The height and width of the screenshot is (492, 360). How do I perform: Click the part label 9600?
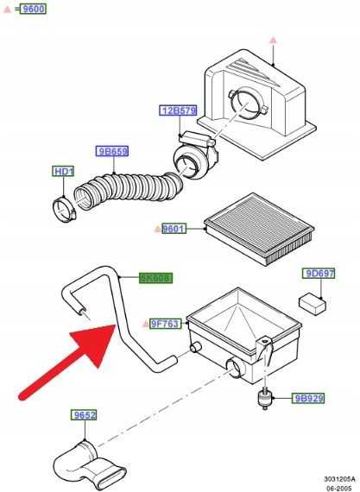click(x=33, y=9)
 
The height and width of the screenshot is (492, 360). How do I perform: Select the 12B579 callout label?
click(x=179, y=110)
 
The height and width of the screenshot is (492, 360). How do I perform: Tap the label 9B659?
click(x=112, y=151)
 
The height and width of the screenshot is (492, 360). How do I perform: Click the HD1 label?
click(x=63, y=171)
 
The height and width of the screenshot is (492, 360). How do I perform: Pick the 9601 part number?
click(x=174, y=229)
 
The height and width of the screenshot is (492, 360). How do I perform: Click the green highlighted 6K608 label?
click(x=156, y=278)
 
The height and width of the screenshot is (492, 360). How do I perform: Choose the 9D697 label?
click(x=319, y=274)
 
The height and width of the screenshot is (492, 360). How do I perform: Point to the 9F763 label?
click(x=166, y=324)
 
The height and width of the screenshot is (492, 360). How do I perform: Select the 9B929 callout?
click(x=308, y=398)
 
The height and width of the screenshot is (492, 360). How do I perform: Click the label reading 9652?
click(x=84, y=415)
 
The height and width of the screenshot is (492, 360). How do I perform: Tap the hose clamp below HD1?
click(x=65, y=209)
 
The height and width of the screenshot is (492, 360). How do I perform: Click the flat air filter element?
click(x=259, y=228)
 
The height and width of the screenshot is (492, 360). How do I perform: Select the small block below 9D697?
click(x=312, y=304)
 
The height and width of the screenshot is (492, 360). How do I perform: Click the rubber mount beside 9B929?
click(x=265, y=398)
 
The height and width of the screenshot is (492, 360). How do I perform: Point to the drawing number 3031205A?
click(x=340, y=479)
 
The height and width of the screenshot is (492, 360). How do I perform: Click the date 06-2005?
click(x=340, y=489)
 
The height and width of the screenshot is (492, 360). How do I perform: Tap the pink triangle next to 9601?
click(x=158, y=229)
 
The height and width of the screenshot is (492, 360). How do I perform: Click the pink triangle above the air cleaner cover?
click(x=274, y=41)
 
